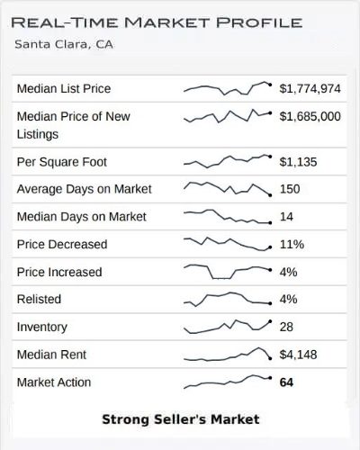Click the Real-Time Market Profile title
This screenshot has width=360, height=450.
pos(157,22)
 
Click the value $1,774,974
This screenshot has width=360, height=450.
pos(310,88)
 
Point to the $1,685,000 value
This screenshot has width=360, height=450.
pos(310,116)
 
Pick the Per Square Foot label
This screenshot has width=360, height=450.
pos(61,162)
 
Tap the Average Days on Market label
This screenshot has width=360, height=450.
pos(84,189)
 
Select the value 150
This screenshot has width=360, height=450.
pos(290,189)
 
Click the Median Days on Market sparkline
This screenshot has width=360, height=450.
pos(227,217)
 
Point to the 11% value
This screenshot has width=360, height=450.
pos(290,244)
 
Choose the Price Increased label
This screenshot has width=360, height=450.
pos(59,272)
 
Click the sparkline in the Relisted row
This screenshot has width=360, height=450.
pos(227,299)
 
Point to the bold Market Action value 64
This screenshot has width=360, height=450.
pos(286,382)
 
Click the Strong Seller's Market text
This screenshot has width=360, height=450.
pos(180,419)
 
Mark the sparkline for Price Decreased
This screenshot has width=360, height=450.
pos(227,244)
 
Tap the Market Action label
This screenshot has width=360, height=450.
pos(54,382)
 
